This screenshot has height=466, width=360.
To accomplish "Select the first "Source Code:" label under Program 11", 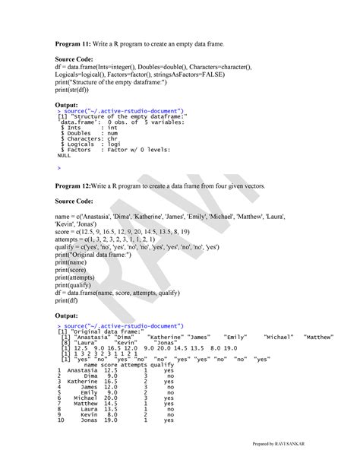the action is tap(78, 58).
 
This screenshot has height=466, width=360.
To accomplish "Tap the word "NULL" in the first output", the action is tap(65, 155).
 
